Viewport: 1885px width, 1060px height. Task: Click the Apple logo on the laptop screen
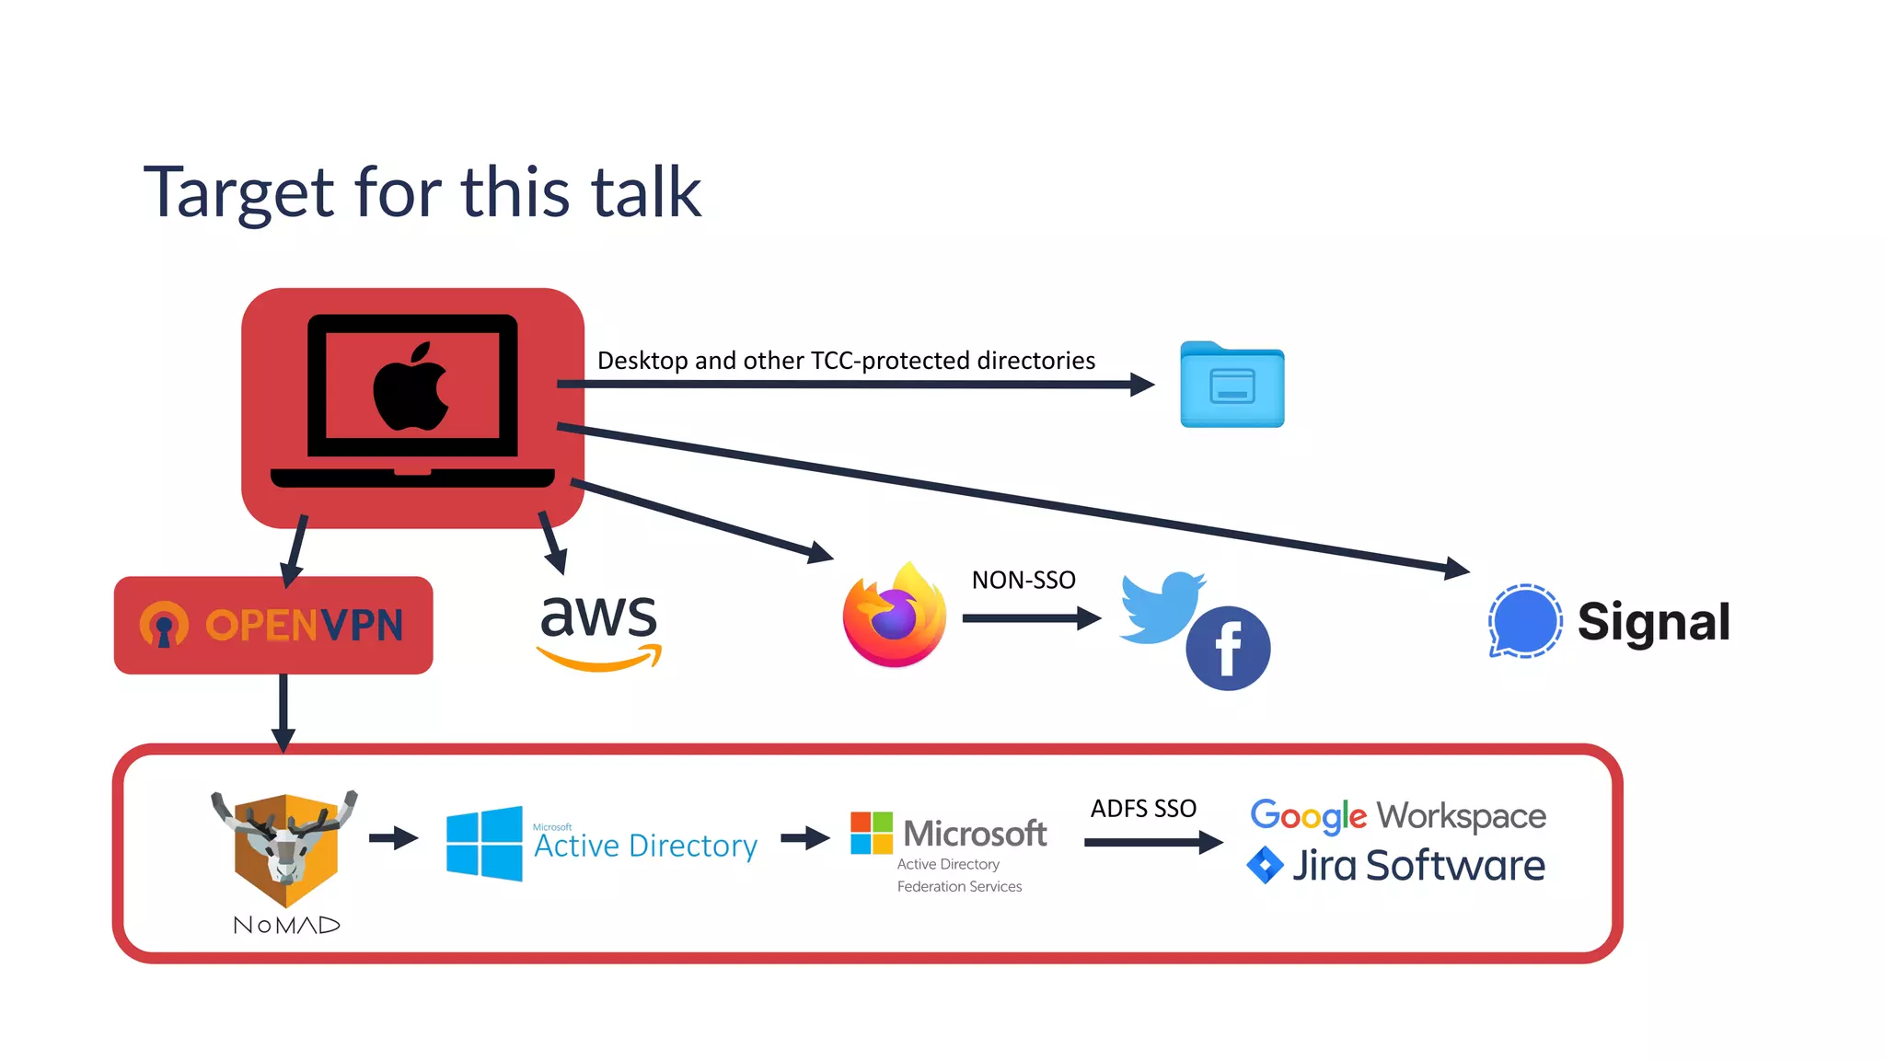pyautogui.click(x=411, y=386)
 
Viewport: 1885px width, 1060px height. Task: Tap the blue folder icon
pyautogui.click(x=1232, y=385)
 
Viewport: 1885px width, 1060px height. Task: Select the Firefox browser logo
pyautogui.click(x=895, y=615)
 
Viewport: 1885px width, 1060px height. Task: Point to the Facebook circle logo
pyautogui.click(x=1228, y=648)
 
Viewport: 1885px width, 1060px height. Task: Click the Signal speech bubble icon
pyautogui.click(x=1524, y=621)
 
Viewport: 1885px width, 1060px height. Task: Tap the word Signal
pyautogui.click(x=1654, y=623)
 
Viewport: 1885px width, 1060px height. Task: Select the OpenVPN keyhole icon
pyautogui.click(x=164, y=626)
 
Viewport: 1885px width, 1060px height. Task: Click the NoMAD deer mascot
pyautogui.click(x=284, y=847)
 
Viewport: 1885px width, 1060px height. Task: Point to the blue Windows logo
pyautogui.click(x=484, y=844)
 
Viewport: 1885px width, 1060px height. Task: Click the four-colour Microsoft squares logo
pyautogui.click(x=871, y=833)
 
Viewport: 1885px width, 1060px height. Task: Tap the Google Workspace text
pyautogui.click(x=1398, y=816)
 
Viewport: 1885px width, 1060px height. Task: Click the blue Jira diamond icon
pyautogui.click(x=1265, y=865)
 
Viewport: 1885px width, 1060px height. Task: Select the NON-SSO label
pyautogui.click(x=1023, y=581)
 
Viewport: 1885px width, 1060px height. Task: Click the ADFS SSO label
pyautogui.click(x=1143, y=809)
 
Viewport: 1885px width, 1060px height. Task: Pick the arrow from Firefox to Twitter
pyautogui.click(x=1032, y=618)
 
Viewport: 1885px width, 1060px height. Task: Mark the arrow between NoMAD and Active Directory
pyautogui.click(x=394, y=838)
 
